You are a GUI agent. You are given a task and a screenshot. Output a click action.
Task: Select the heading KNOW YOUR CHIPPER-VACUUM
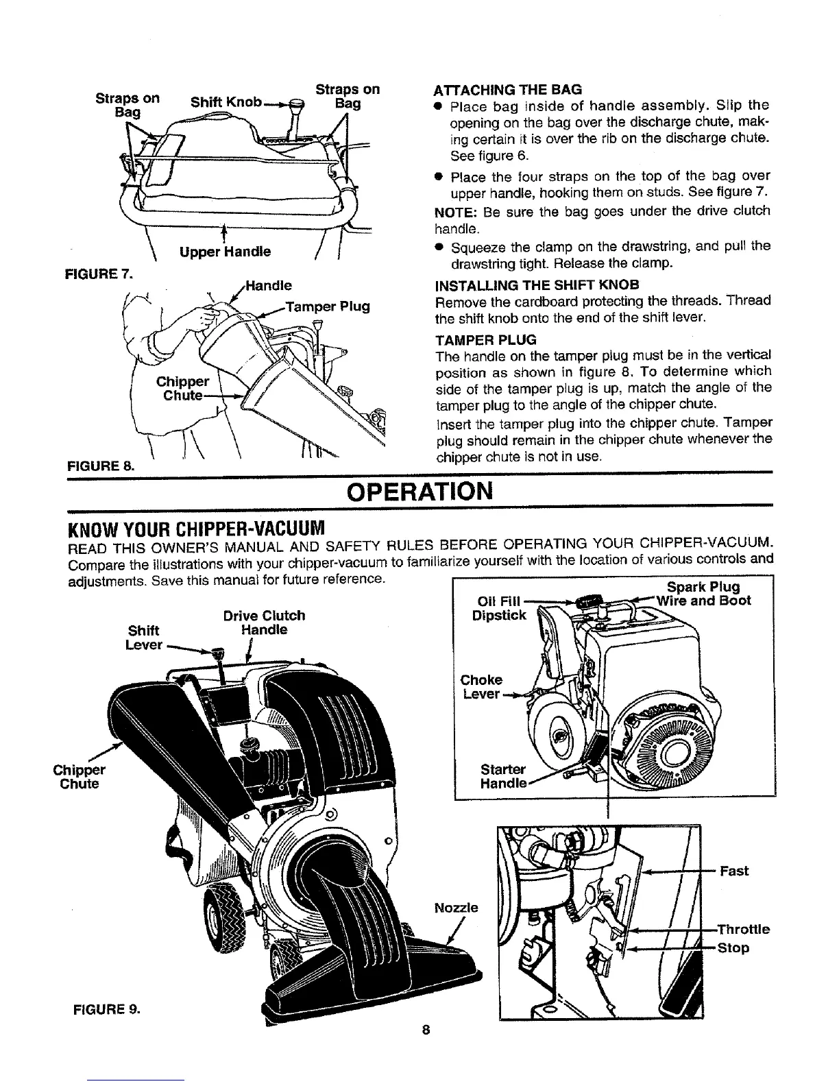coord(195,529)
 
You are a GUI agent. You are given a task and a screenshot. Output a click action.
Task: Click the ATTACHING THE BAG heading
coord(508,89)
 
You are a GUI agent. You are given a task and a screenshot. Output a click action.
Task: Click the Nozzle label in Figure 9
coord(457,908)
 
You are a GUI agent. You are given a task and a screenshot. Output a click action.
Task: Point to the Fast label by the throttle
coord(734,871)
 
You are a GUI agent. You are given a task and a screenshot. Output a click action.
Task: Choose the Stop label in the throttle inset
coord(732,948)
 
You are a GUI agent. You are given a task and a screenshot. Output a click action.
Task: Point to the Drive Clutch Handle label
coord(264,622)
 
